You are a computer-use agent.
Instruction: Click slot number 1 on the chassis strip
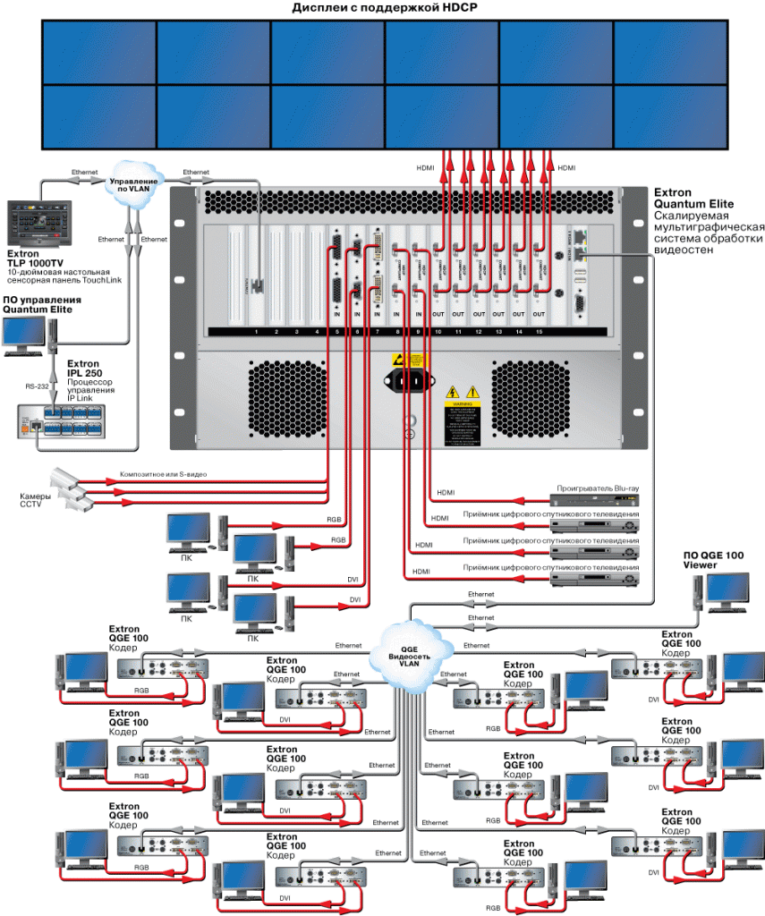[x=256, y=332]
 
